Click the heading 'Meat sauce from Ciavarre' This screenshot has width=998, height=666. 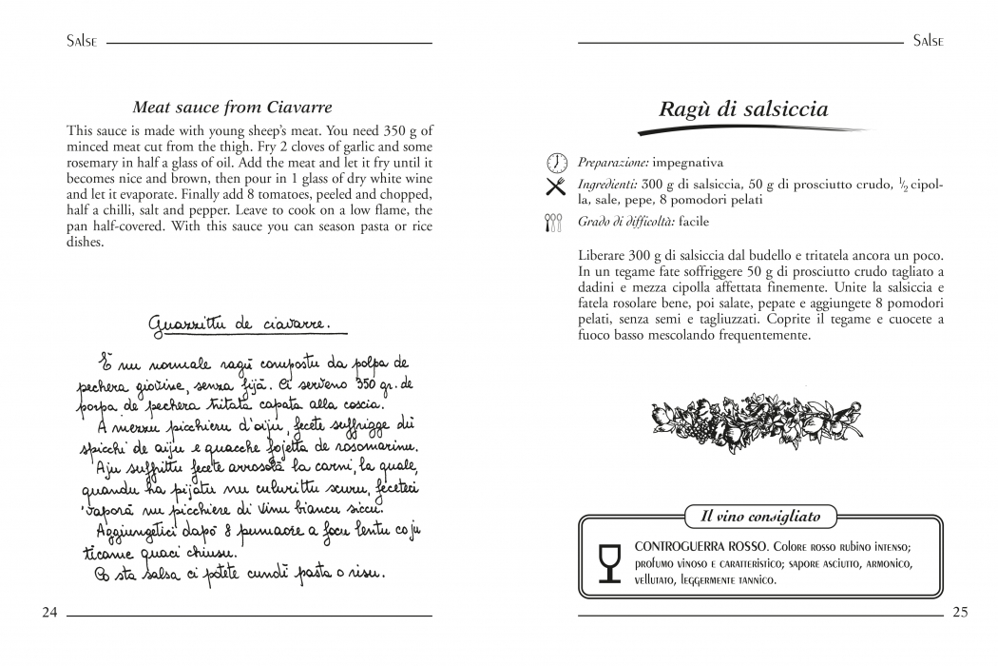coord(232,108)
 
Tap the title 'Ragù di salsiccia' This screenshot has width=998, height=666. coord(743,109)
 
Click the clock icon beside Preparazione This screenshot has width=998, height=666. coord(557,163)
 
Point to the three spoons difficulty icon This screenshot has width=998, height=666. coord(556,223)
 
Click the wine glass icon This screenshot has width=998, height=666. coord(608,562)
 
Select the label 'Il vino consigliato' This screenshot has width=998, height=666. coord(760,517)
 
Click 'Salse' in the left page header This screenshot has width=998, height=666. coord(83,42)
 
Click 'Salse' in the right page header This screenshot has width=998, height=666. coord(928,42)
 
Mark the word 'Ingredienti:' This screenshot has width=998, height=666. coord(608,184)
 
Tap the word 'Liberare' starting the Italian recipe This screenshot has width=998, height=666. coord(604,256)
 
